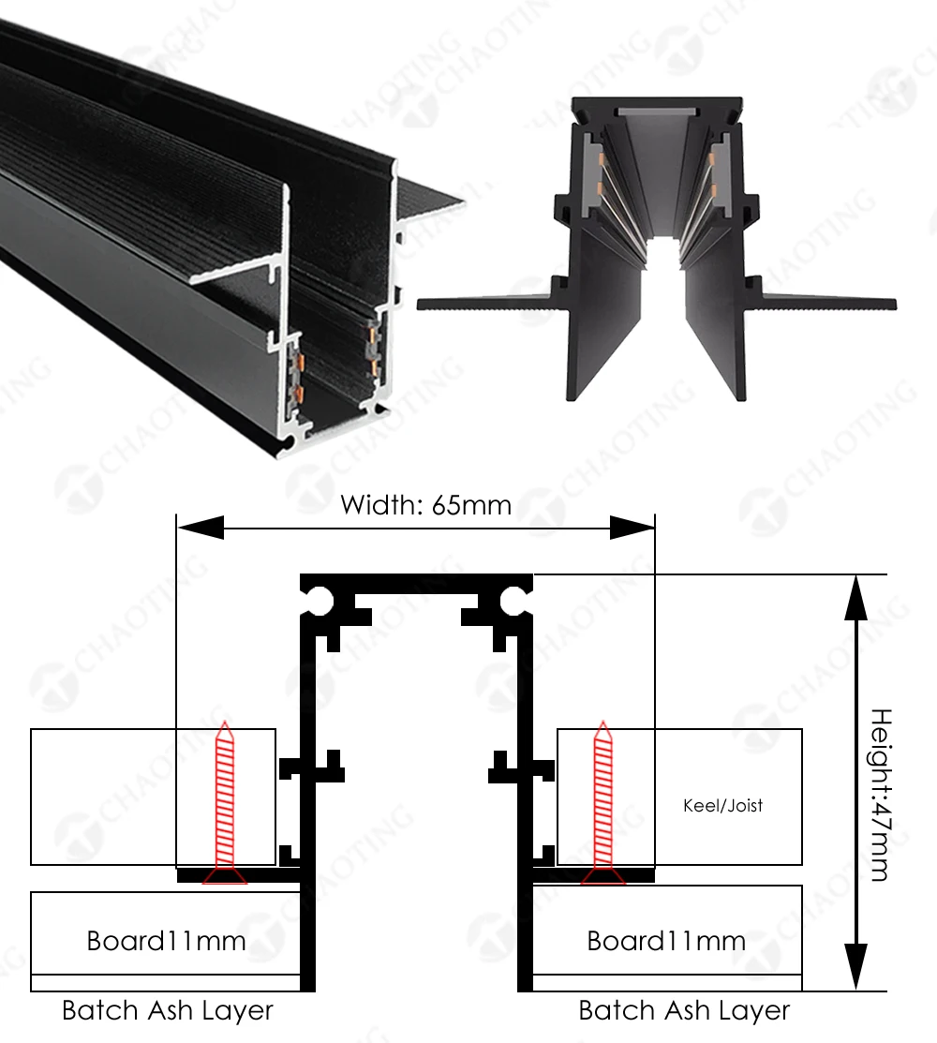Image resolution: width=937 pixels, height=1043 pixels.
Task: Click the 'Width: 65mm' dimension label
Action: [x=425, y=505]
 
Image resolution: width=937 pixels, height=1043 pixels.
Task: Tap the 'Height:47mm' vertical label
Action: [x=880, y=795]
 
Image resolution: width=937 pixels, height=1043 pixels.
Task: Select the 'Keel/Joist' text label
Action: [x=722, y=806]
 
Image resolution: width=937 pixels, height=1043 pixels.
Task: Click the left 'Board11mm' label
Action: [x=166, y=941]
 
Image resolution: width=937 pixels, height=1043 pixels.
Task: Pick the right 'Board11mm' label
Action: [x=666, y=941]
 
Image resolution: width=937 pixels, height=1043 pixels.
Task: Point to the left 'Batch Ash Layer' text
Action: [x=168, y=1010]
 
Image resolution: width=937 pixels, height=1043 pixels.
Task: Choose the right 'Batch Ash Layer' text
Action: [x=684, y=1010]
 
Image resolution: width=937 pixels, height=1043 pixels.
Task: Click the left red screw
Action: [x=225, y=802]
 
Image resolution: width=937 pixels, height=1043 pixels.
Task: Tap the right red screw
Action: [x=603, y=802]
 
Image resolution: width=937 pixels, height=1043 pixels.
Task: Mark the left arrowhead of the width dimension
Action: [x=201, y=527]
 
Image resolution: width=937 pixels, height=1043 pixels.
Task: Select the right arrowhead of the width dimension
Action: [x=632, y=527]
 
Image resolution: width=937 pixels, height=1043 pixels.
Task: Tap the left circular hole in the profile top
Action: [x=320, y=601]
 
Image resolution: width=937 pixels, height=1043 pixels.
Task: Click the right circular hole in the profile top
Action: [x=513, y=601]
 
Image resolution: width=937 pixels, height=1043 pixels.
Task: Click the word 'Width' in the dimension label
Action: [x=379, y=505]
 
